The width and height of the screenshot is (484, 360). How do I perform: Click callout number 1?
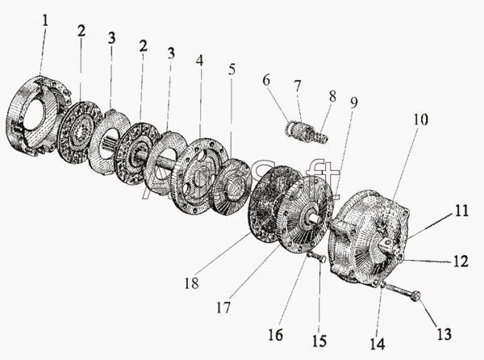click(x=45, y=21)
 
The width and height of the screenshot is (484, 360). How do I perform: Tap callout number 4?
click(x=200, y=61)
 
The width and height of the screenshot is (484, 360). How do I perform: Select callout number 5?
click(x=232, y=69)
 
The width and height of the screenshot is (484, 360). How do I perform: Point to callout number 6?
click(x=266, y=80)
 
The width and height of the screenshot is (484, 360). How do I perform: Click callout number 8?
click(x=332, y=96)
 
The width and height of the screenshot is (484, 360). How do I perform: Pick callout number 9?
click(x=354, y=103)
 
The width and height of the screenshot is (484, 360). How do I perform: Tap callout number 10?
click(x=421, y=119)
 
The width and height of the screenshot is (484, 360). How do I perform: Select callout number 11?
click(x=461, y=211)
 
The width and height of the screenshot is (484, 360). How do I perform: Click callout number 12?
click(x=461, y=262)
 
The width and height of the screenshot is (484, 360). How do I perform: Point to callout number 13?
click(x=444, y=333)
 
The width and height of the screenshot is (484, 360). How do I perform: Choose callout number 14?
click(x=378, y=344)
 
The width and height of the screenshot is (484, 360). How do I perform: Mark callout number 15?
click(x=319, y=341)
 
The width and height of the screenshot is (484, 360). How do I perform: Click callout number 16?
click(x=275, y=334)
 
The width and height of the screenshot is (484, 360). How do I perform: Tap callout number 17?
click(x=223, y=308)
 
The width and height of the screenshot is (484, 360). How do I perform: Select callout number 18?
click(x=191, y=283)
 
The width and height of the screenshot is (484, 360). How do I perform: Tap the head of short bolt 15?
click(x=322, y=259)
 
